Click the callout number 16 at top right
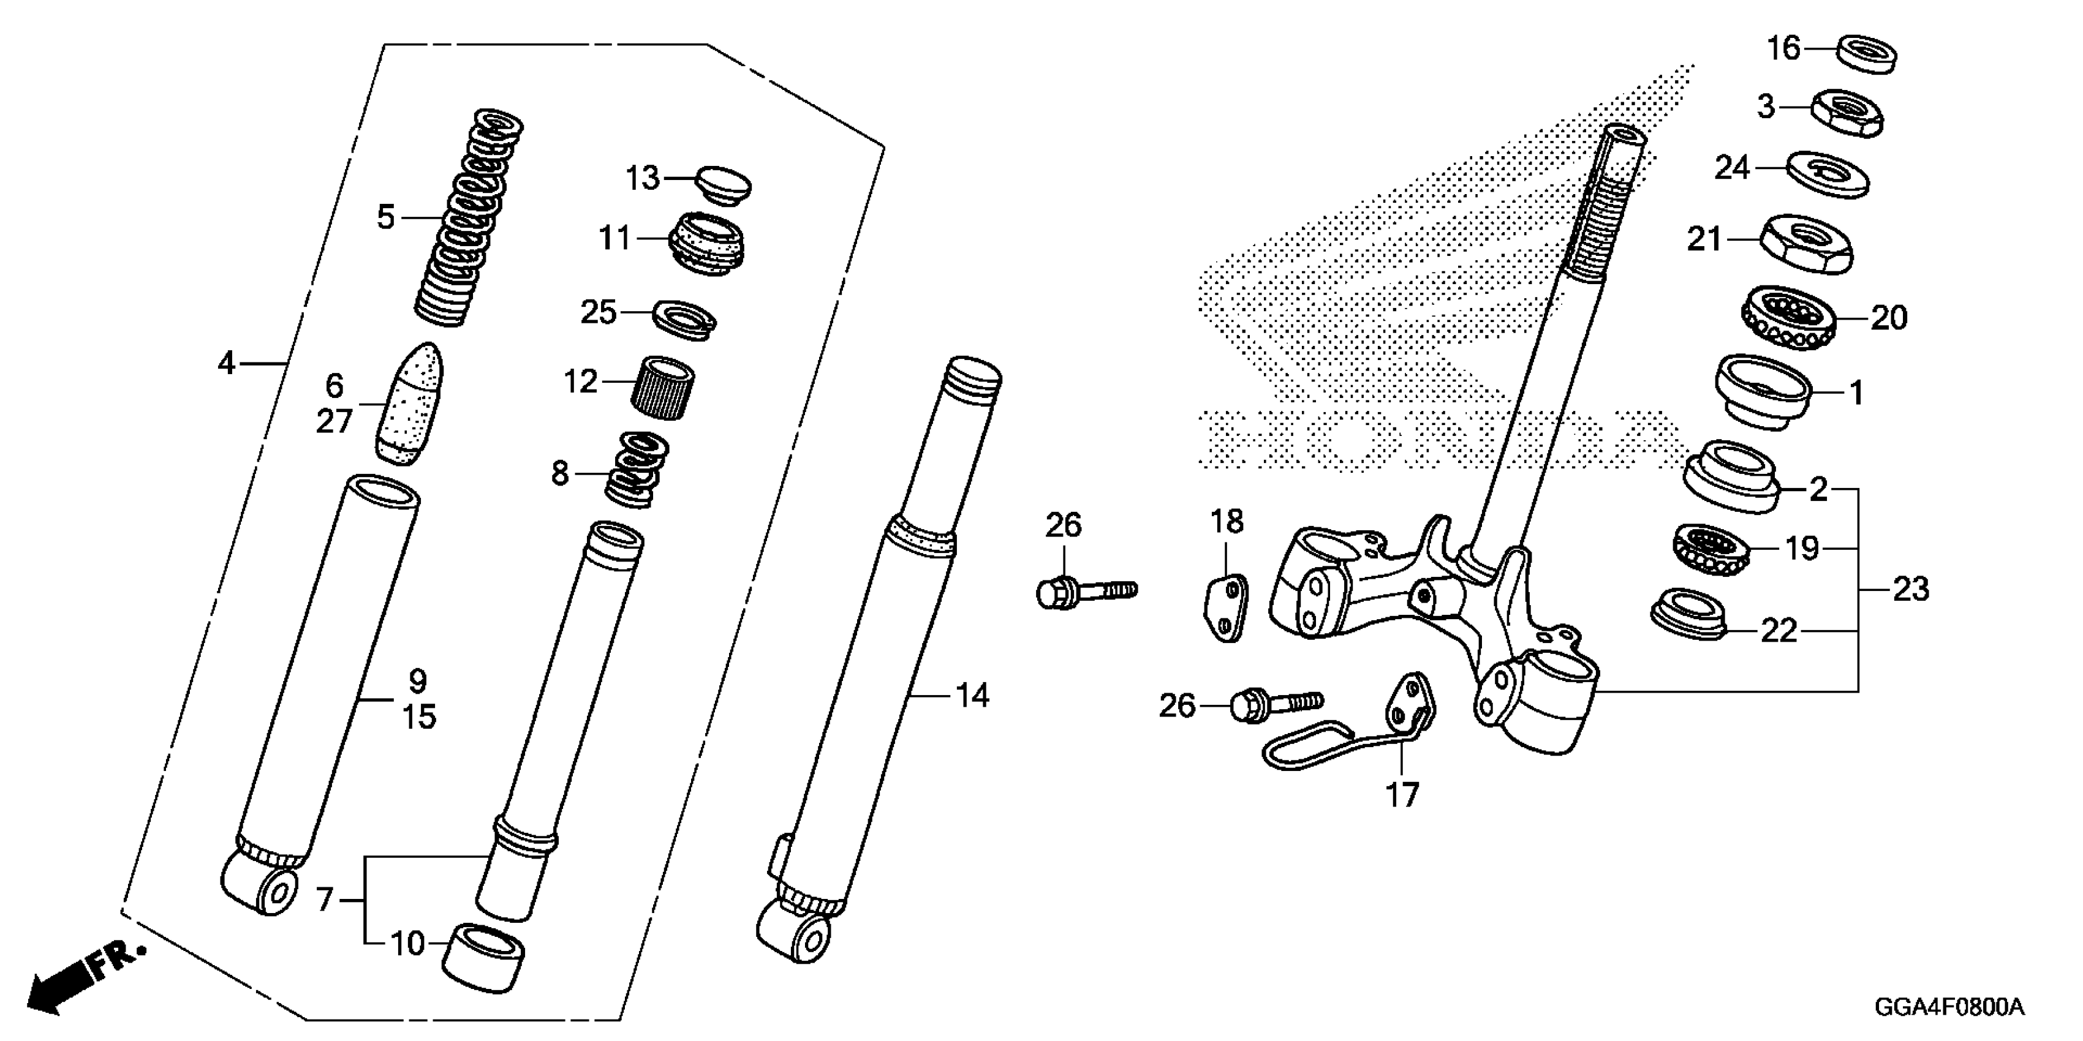coord(1782,48)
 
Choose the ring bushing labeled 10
coord(483,958)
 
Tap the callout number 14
coord(972,695)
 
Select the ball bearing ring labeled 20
coord(1787,318)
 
